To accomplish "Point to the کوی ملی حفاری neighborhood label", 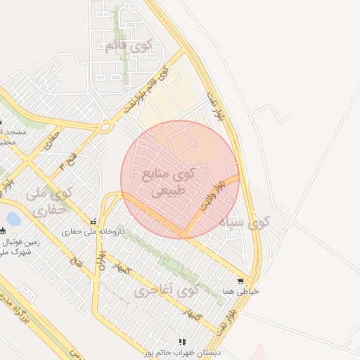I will (49, 201).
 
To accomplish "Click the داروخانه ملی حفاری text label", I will (92, 231).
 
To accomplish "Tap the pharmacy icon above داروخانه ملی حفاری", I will (93, 221).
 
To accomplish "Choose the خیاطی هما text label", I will (241, 291).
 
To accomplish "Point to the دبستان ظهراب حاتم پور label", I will (184, 352).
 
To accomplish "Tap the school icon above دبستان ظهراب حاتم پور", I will (184, 342).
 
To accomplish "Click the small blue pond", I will (13, 219).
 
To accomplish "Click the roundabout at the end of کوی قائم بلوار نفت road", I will (105, 127).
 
